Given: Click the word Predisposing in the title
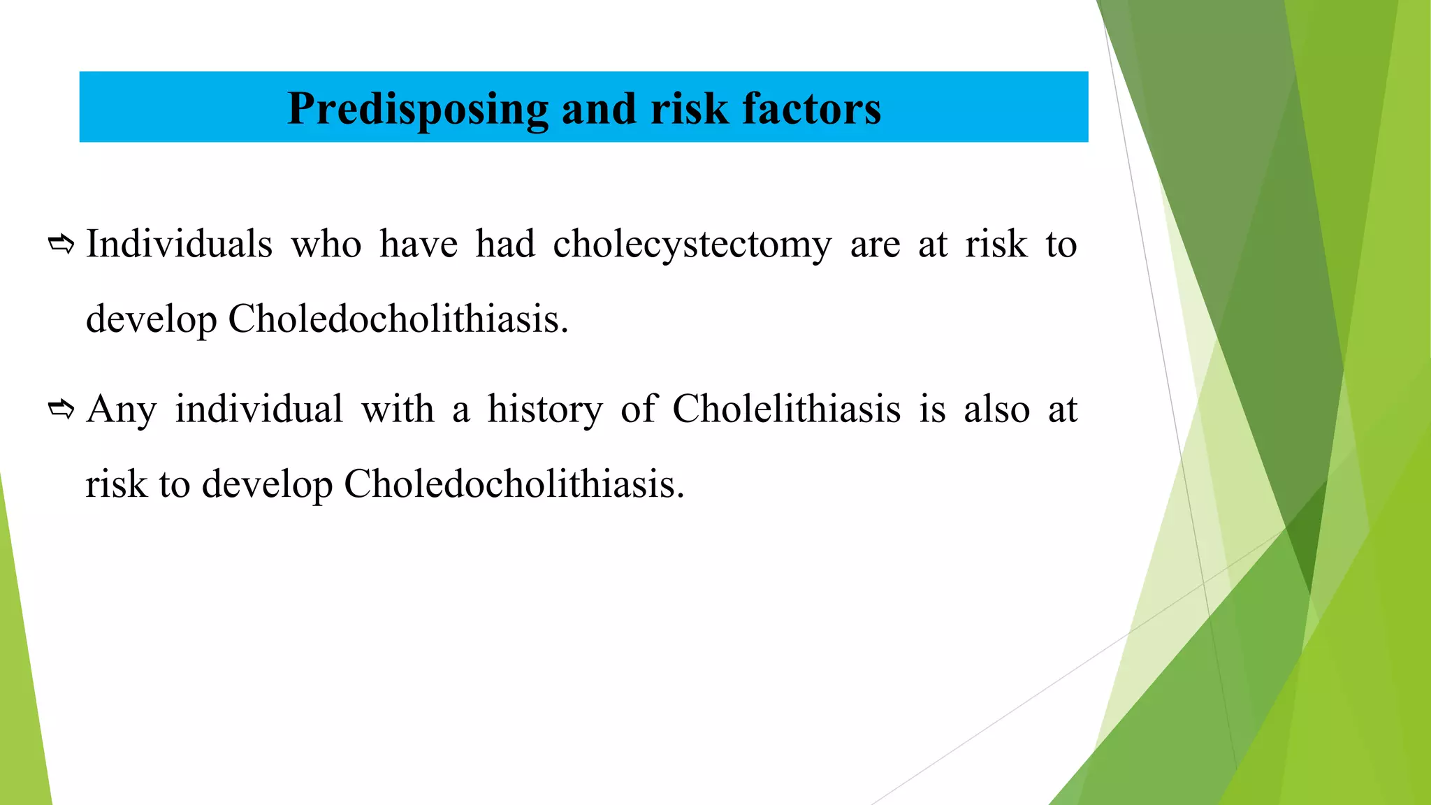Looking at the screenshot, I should tap(417, 110).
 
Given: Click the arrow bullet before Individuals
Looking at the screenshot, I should tap(61, 245).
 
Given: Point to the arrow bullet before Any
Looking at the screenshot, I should tap(61, 409).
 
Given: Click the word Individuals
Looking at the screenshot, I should tap(179, 245).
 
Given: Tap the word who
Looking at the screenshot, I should tap(326, 245).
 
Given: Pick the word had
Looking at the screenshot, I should tap(505, 245).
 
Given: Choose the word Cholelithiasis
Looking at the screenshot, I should tap(786, 409).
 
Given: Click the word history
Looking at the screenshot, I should tap(545, 410).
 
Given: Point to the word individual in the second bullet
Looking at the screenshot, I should tap(259, 409).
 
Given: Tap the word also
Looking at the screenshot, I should tap(996, 409).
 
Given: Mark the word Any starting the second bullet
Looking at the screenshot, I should tap(122, 410).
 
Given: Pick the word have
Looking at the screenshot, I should tap(419, 245).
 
